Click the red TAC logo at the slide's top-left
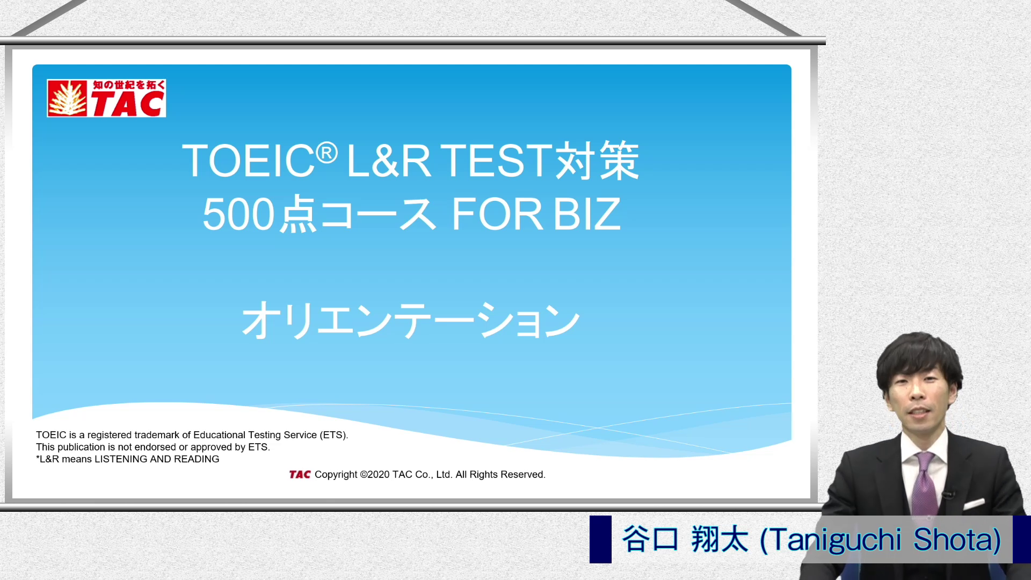[106, 98]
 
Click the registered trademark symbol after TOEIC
[326, 153]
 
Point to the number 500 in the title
[238, 214]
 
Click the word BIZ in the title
[587, 214]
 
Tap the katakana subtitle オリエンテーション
[411, 320]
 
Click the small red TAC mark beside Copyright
[300, 474]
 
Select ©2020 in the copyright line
[375, 474]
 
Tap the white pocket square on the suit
[974, 504]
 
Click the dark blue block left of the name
[600, 539]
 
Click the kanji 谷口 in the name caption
[650, 539]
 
